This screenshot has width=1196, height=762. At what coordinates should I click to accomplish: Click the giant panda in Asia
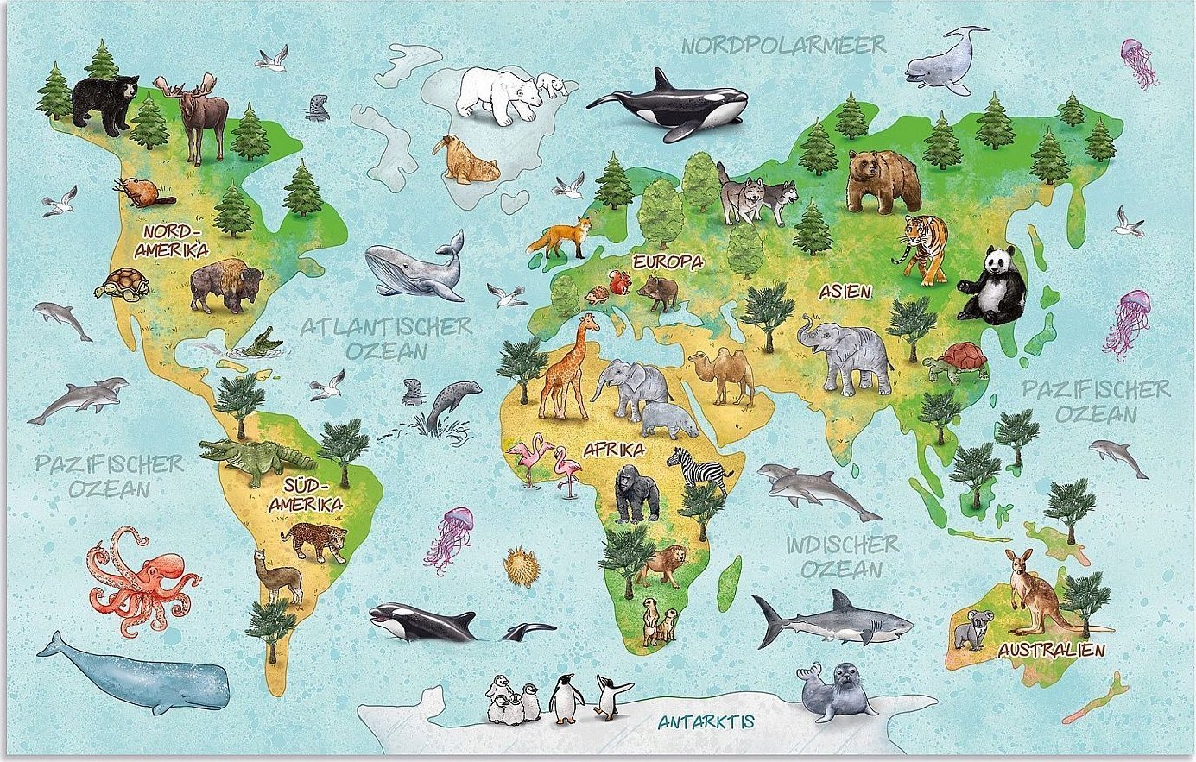point(993,287)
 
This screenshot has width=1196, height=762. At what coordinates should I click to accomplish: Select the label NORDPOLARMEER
point(784,45)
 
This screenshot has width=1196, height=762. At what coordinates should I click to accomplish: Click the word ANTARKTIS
point(706,721)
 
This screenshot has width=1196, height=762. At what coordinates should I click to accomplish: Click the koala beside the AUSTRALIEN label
point(973,629)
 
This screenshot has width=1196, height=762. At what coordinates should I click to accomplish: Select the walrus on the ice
point(466,161)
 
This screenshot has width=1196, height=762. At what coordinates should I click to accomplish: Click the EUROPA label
point(667,261)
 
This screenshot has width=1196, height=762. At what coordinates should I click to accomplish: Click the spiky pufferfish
point(522,566)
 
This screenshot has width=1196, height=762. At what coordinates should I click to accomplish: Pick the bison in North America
point(225,285)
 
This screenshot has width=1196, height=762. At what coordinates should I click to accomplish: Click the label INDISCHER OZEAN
point(842,557)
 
